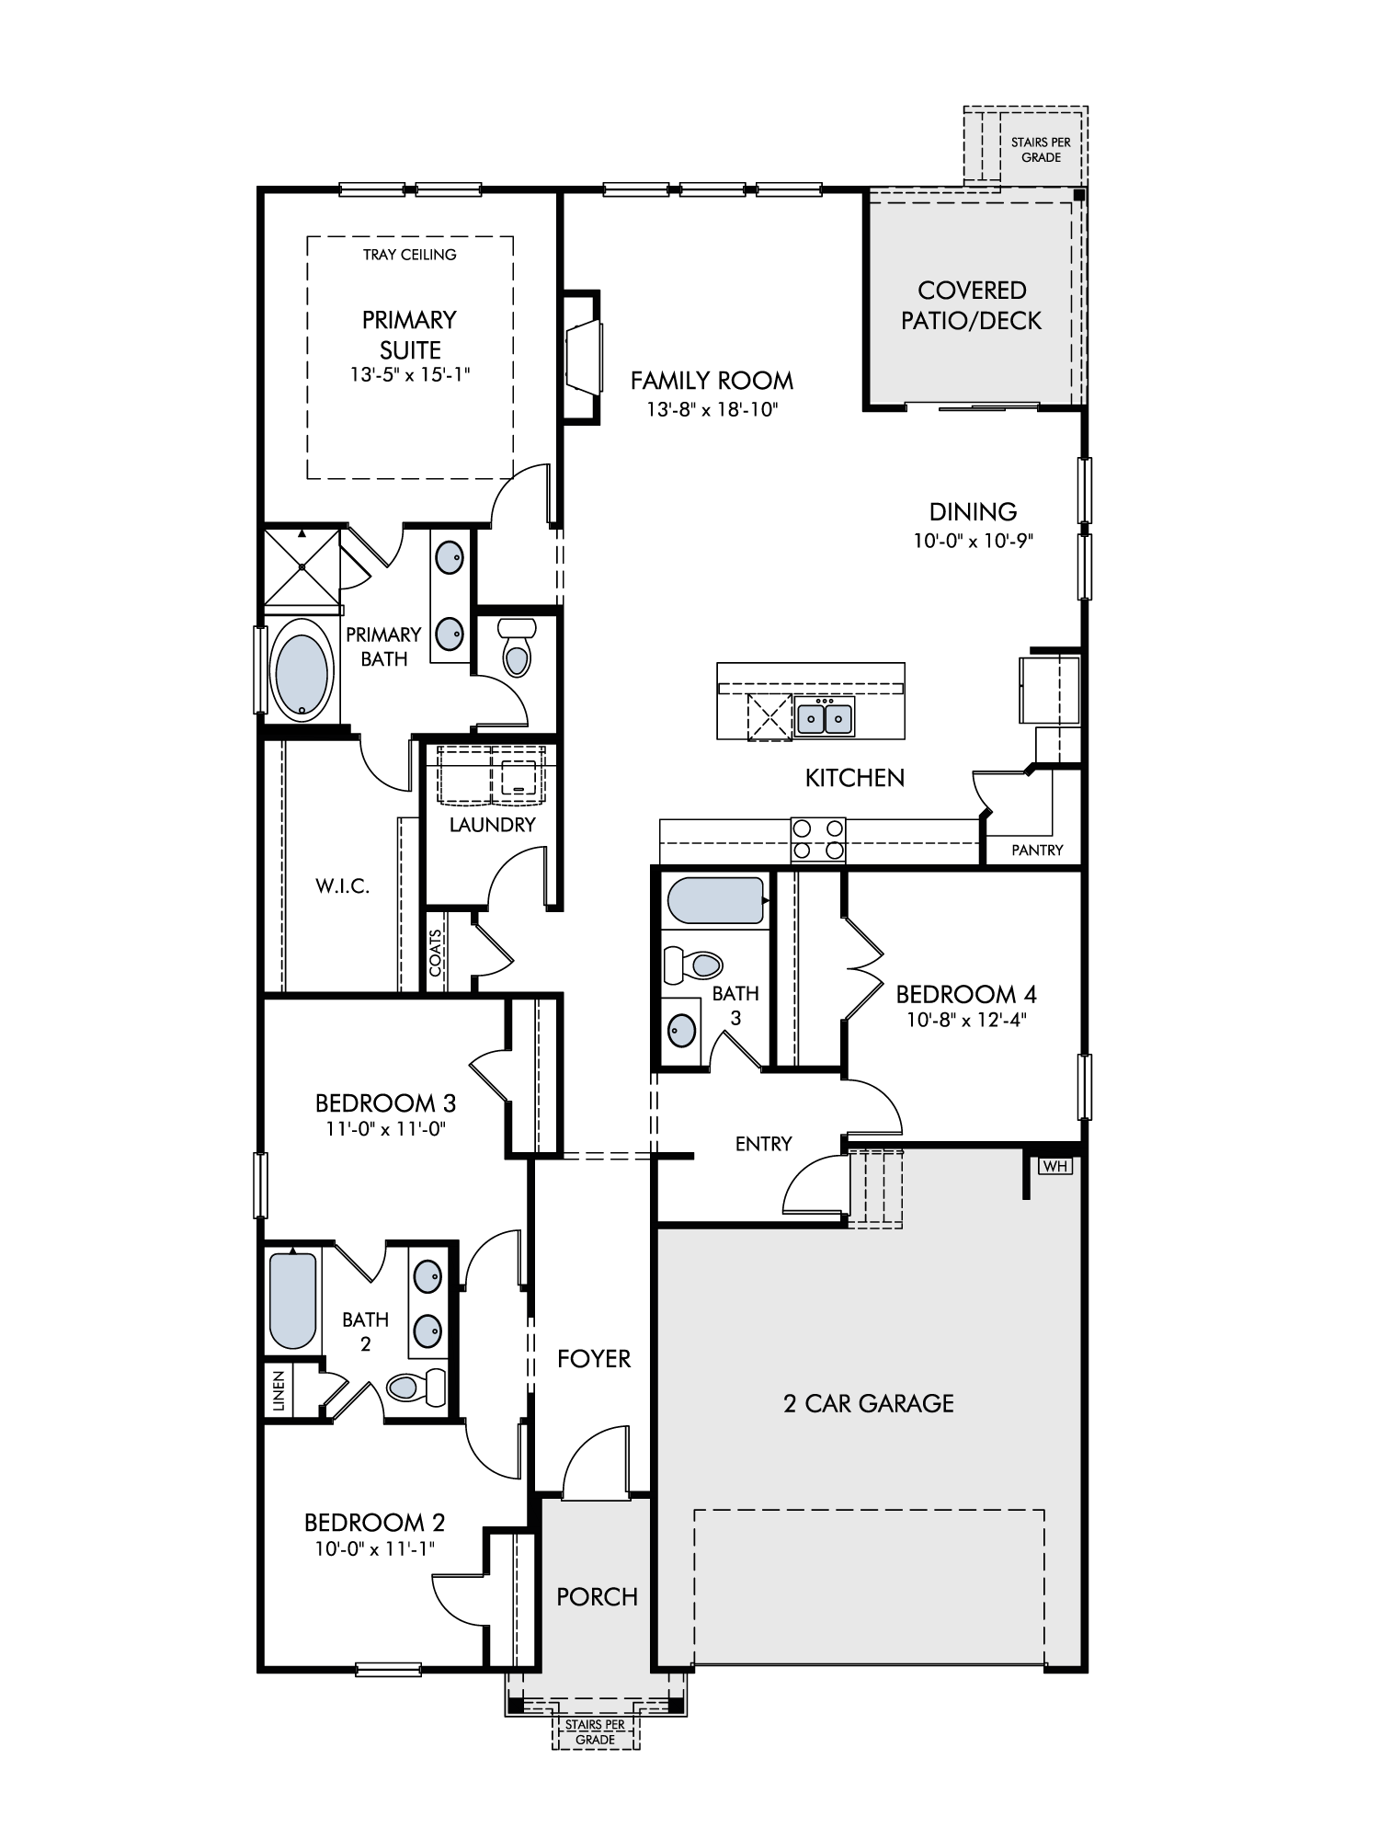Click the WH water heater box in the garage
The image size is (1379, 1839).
pyautogui.click(x=1055, y=1166)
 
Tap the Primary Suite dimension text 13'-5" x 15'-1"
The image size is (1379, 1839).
pyautogui.click(x=409, y=375)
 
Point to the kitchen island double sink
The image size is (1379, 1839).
pyautogui.click(x=825, y=715)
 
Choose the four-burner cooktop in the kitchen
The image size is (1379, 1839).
pyautogui.click(x=818, y=840)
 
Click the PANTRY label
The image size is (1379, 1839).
pyautogui.click(x=1037, y=851)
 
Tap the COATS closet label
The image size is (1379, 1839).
pyautogui.click(x=435, y=953)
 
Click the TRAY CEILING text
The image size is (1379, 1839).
pyautogui.click(x=409, y=255)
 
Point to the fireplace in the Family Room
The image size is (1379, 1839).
pyautogui.click(x=582, y=357)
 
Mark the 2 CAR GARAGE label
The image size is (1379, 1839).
pyautogui.click(x=869, y=1403)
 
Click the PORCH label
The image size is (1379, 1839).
pyautogui.click(x=598, y=1597)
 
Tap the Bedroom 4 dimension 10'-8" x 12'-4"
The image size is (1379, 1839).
pyautogui.click(x=966, y=1020)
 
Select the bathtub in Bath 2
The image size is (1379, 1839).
pyautogui.click(x=293, y=1300)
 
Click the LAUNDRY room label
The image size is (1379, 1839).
pyautogui.click(x=493, y=825)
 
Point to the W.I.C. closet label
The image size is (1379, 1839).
pyautogui.click(x=343, y=887)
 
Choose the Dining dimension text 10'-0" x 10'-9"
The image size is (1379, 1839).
pyautogui.click(x=974, y=541)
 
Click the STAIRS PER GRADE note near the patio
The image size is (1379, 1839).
pyautogui.click(x=1041, y=150)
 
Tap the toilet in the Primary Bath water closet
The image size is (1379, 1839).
pyautogui.click(x=517, y=648)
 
